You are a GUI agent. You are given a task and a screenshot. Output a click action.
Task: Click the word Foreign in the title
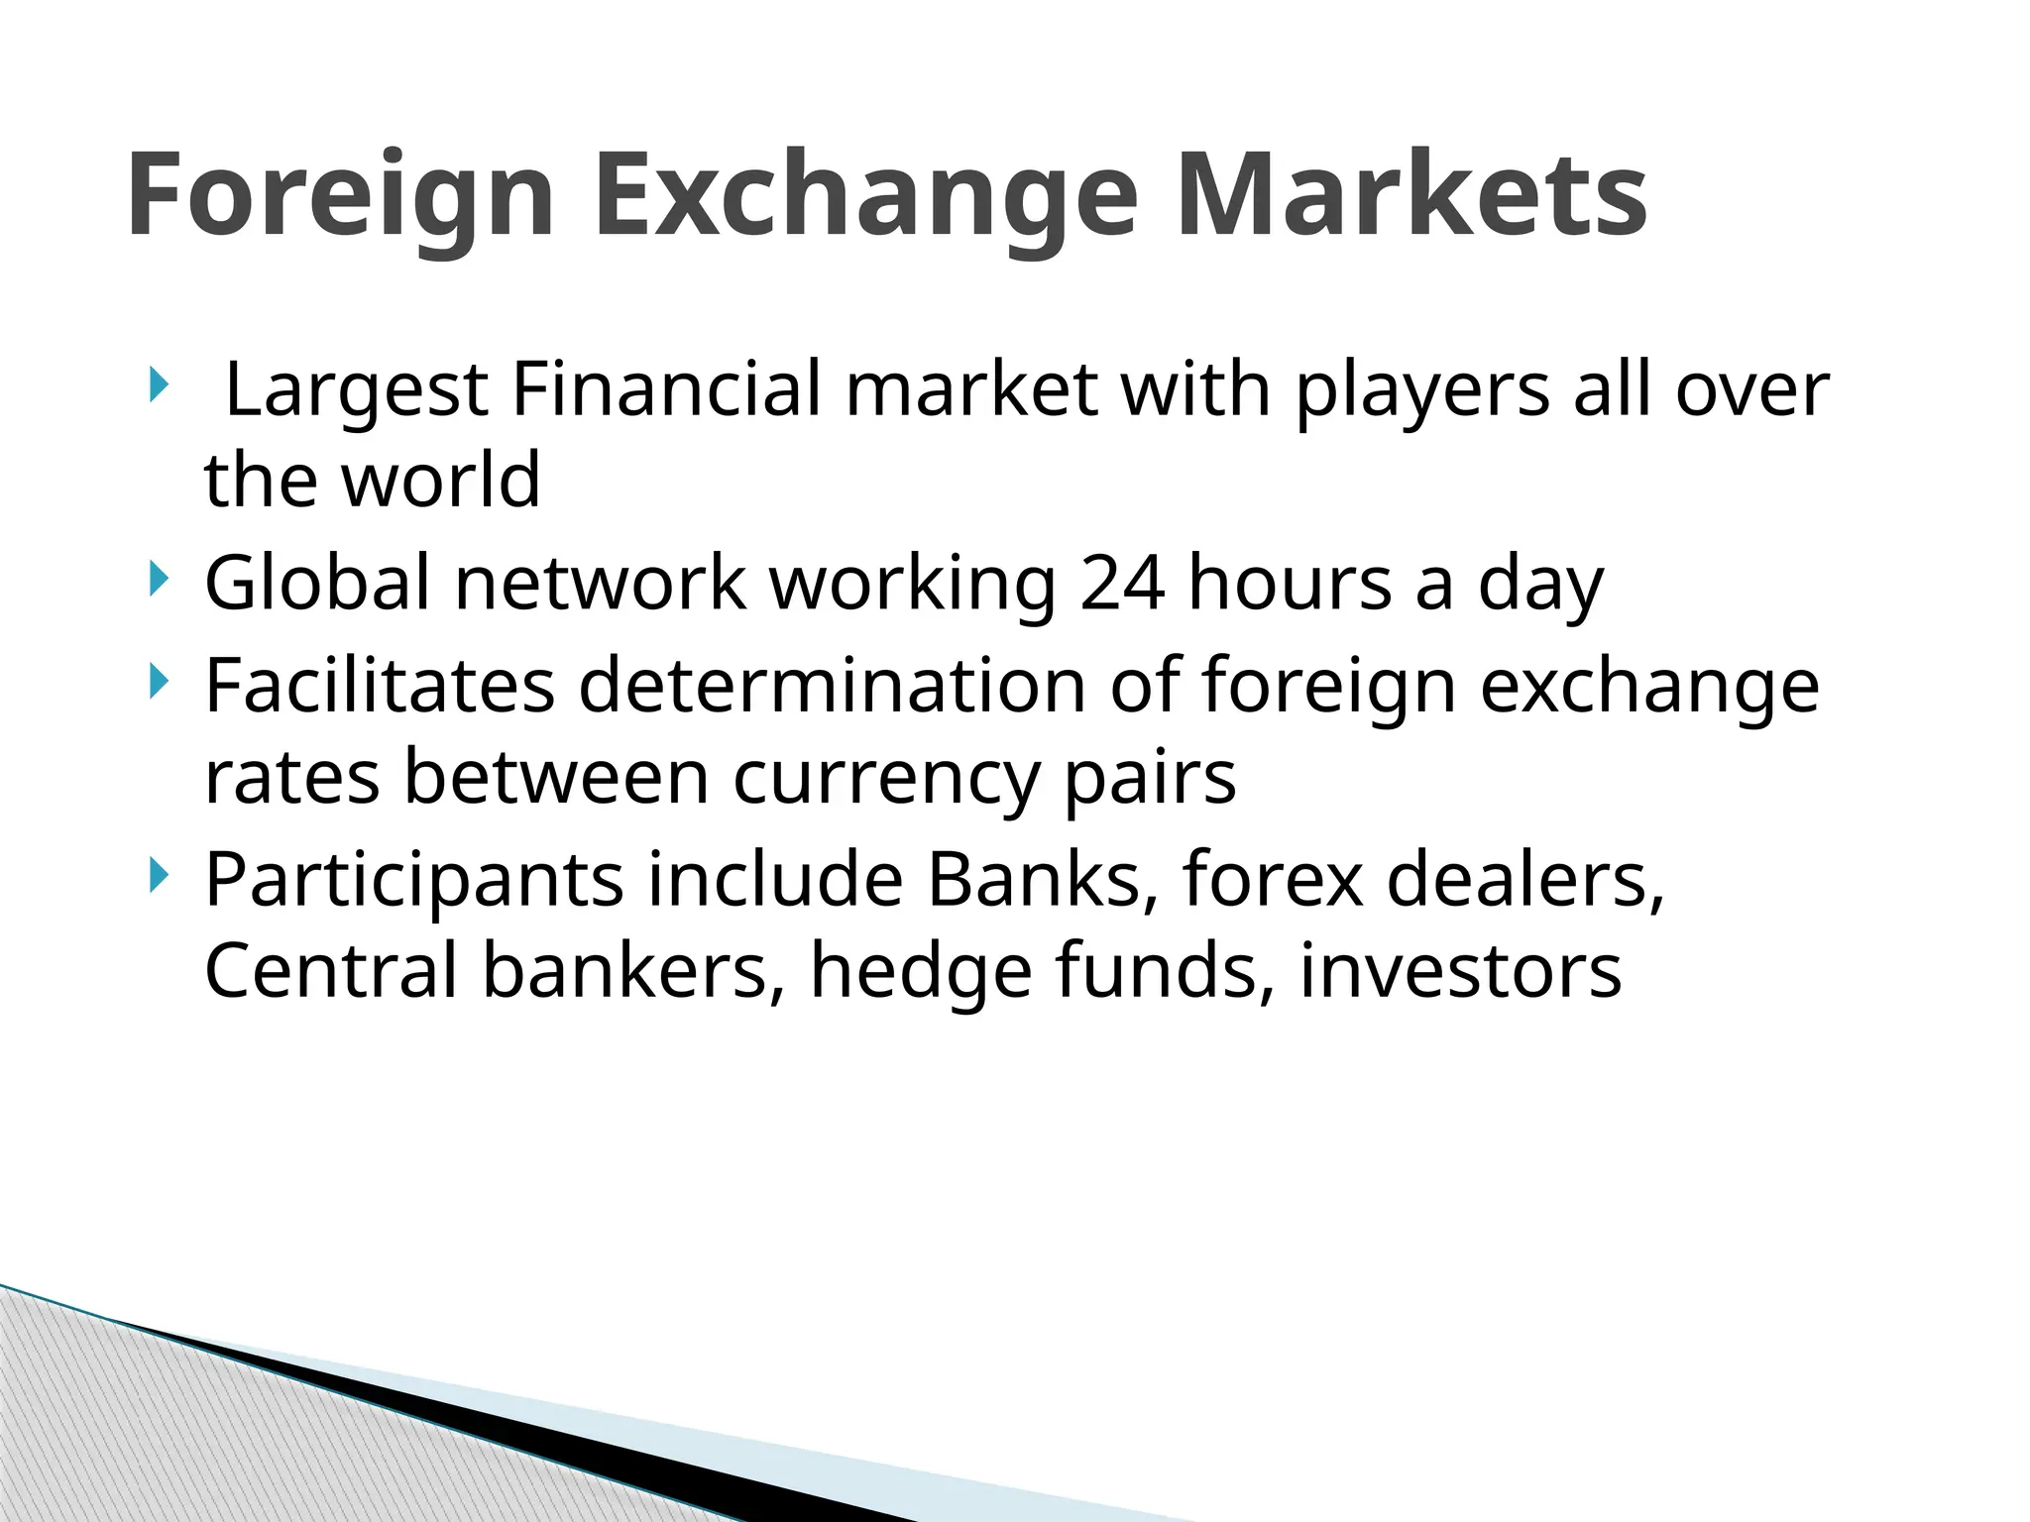340,194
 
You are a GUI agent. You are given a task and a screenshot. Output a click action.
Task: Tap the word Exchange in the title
865,194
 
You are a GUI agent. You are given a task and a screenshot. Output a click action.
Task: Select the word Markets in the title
1411,194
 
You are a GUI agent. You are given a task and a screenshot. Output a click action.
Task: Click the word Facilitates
380,685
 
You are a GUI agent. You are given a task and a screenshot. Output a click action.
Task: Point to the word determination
832,685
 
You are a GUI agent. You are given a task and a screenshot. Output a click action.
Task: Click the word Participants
414,879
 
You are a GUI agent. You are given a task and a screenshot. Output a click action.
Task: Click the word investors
1460,971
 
